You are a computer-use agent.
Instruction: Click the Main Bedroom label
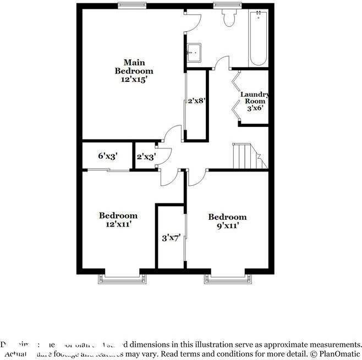point(134,67)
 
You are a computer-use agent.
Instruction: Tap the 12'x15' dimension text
point(134,80)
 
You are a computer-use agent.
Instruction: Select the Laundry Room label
point(254,97)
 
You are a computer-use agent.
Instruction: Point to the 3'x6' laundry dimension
point(255,108)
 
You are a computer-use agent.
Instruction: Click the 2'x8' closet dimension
point(196,101)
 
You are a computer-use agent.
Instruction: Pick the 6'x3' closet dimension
point(108,156)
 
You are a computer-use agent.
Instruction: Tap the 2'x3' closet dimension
point(146,157)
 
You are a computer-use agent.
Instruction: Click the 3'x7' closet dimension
point(171,238)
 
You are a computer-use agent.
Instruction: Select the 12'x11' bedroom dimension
point(118,224)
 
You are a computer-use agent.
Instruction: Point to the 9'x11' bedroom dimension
point(227,225)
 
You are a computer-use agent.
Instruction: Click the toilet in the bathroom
point(229,18)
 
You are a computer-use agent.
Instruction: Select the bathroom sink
point(194,52)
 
